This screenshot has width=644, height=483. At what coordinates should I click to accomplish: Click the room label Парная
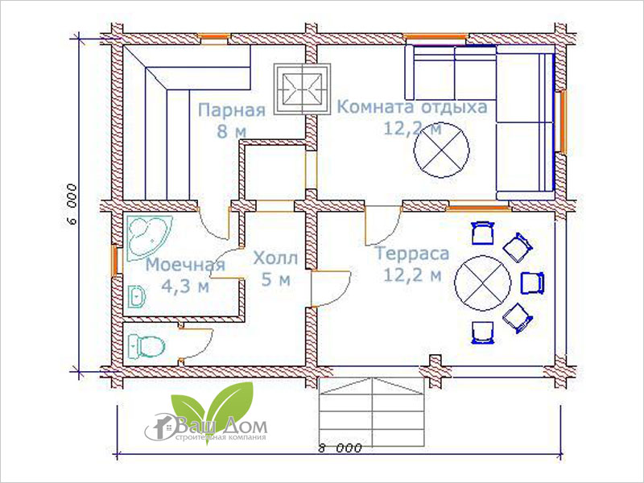click(x=232, y=110)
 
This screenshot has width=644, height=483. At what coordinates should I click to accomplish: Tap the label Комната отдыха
click(x=412, y=107)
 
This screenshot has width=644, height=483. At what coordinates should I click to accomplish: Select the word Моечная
click(x=186, y=265)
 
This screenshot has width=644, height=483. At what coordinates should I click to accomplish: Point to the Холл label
click(x=275, y=258)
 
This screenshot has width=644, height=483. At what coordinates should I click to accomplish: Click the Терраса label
click(x=412, y=254)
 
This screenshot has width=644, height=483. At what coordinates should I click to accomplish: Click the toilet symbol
click(x=146, y=345)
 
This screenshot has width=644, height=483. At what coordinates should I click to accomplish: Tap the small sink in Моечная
click(x=137, y=296)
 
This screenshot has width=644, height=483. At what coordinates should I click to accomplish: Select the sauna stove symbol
click(x=303, y=89)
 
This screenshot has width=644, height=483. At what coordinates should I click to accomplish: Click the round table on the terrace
click(x=482, y=283)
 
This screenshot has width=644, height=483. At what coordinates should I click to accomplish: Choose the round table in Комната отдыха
click(x=441, y=150)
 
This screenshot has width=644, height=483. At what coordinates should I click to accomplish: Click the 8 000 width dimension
click(x=340, y=448)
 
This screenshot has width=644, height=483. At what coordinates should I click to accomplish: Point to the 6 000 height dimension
click(x=72, y=204)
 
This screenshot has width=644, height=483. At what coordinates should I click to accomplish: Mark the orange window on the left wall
click(x=115, y=261)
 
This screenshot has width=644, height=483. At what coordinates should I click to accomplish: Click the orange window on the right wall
click(x=561, y=122)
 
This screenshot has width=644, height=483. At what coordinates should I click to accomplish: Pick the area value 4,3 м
click(x=185, y=287)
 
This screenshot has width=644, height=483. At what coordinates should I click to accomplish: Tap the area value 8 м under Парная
click(x=232, y=131)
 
